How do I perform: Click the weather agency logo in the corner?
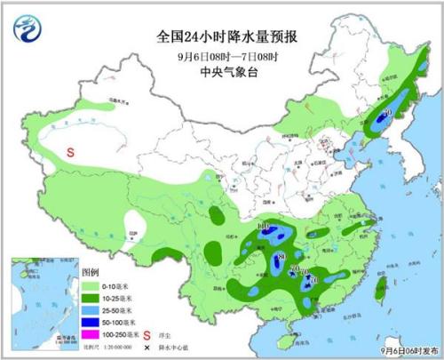28,29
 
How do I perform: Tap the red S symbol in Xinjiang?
71,152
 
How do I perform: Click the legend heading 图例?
91,272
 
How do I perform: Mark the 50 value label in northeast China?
388,112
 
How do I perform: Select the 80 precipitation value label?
281,258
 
